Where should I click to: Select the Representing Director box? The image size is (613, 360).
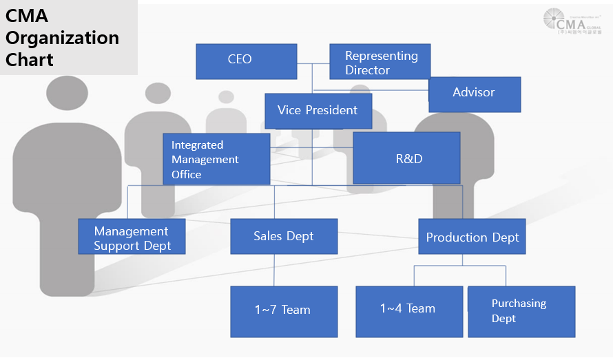pos(380,62)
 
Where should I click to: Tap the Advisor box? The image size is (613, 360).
pos(474,94)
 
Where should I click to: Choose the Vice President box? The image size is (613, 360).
pos(318,110)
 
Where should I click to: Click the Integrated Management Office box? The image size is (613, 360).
pos(216,159)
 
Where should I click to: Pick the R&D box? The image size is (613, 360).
pos(406,158)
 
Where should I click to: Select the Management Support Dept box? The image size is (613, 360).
pos(132,236)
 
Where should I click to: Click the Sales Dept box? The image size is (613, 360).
pos(284,236)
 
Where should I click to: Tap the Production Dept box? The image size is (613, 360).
pos(472,237)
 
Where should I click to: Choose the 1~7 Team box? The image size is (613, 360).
pos(284,311)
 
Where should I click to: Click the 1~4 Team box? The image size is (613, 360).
pos(408,310)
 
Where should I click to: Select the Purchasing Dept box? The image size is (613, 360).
pos(521,311)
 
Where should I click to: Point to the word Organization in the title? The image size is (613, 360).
pos(62,38)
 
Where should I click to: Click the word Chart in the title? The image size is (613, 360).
pos(30,59)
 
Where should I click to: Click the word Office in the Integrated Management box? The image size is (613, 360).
pos(187,174)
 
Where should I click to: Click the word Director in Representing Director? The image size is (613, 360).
pos(367,70)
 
